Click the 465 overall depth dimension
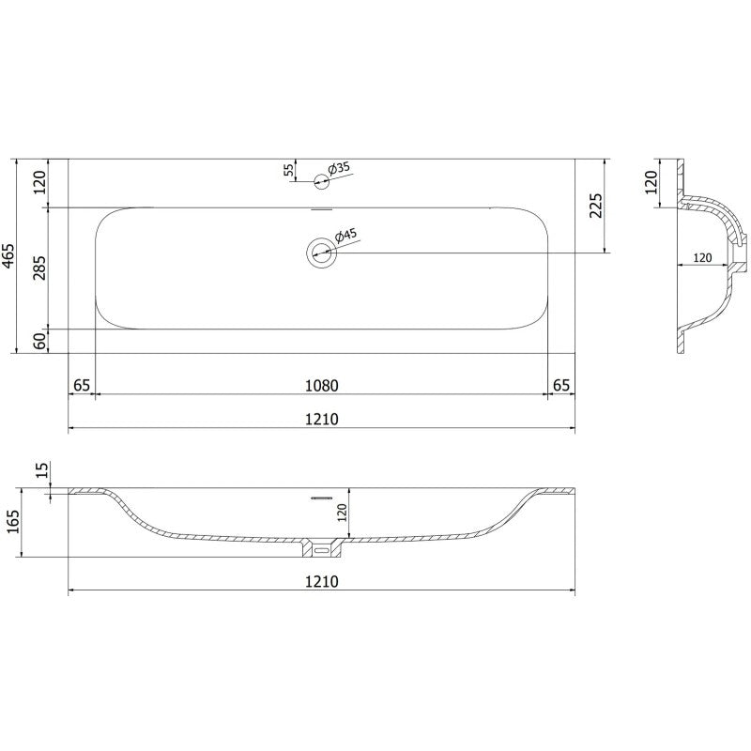[x=9, y=255]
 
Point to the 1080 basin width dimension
[x=320, y=385]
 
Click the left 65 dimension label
[x=82, y=385]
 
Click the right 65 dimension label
[x=560, y=385]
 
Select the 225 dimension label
[x=594, y=205]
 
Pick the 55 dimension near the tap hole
[x=288, y=170]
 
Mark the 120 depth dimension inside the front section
[x=343, y=513]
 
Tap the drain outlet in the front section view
[x=322, y=545]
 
